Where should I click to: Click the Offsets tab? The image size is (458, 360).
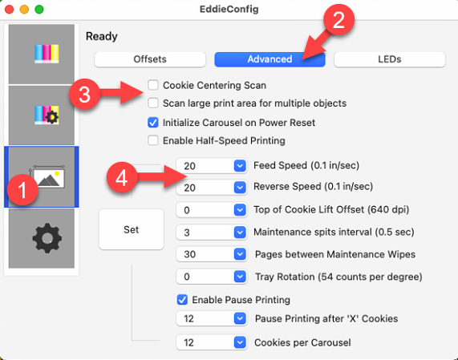pos(150,59)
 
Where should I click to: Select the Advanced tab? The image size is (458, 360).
pos(270,59)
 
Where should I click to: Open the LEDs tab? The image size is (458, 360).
pos(390,59)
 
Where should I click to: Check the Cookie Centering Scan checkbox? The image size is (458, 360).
pos(153,85)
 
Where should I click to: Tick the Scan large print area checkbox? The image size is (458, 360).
pos(153,103)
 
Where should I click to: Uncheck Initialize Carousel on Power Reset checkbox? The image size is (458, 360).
pos(153,123)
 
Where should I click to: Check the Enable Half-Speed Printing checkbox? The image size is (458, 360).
pos(153,140)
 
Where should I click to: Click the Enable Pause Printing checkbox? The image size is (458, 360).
pos(182,300)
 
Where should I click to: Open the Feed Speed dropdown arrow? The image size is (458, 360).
pos(240,166)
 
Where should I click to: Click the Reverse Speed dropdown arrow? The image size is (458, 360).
pos(240,187)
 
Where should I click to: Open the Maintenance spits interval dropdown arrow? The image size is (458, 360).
pos(240,233)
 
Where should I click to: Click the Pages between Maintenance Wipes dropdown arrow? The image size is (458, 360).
pos(240,254)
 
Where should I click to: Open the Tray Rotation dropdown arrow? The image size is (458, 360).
pos(240,277)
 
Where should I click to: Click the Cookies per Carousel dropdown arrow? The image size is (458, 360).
pos(240,342)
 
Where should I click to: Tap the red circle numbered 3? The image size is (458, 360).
pos(85,95)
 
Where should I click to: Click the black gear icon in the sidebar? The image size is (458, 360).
pos(47,238)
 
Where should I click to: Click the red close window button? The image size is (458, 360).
pos(10,10)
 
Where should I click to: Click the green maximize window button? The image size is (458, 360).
pos(39,10)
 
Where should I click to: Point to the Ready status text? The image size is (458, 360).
pos(102,37)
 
